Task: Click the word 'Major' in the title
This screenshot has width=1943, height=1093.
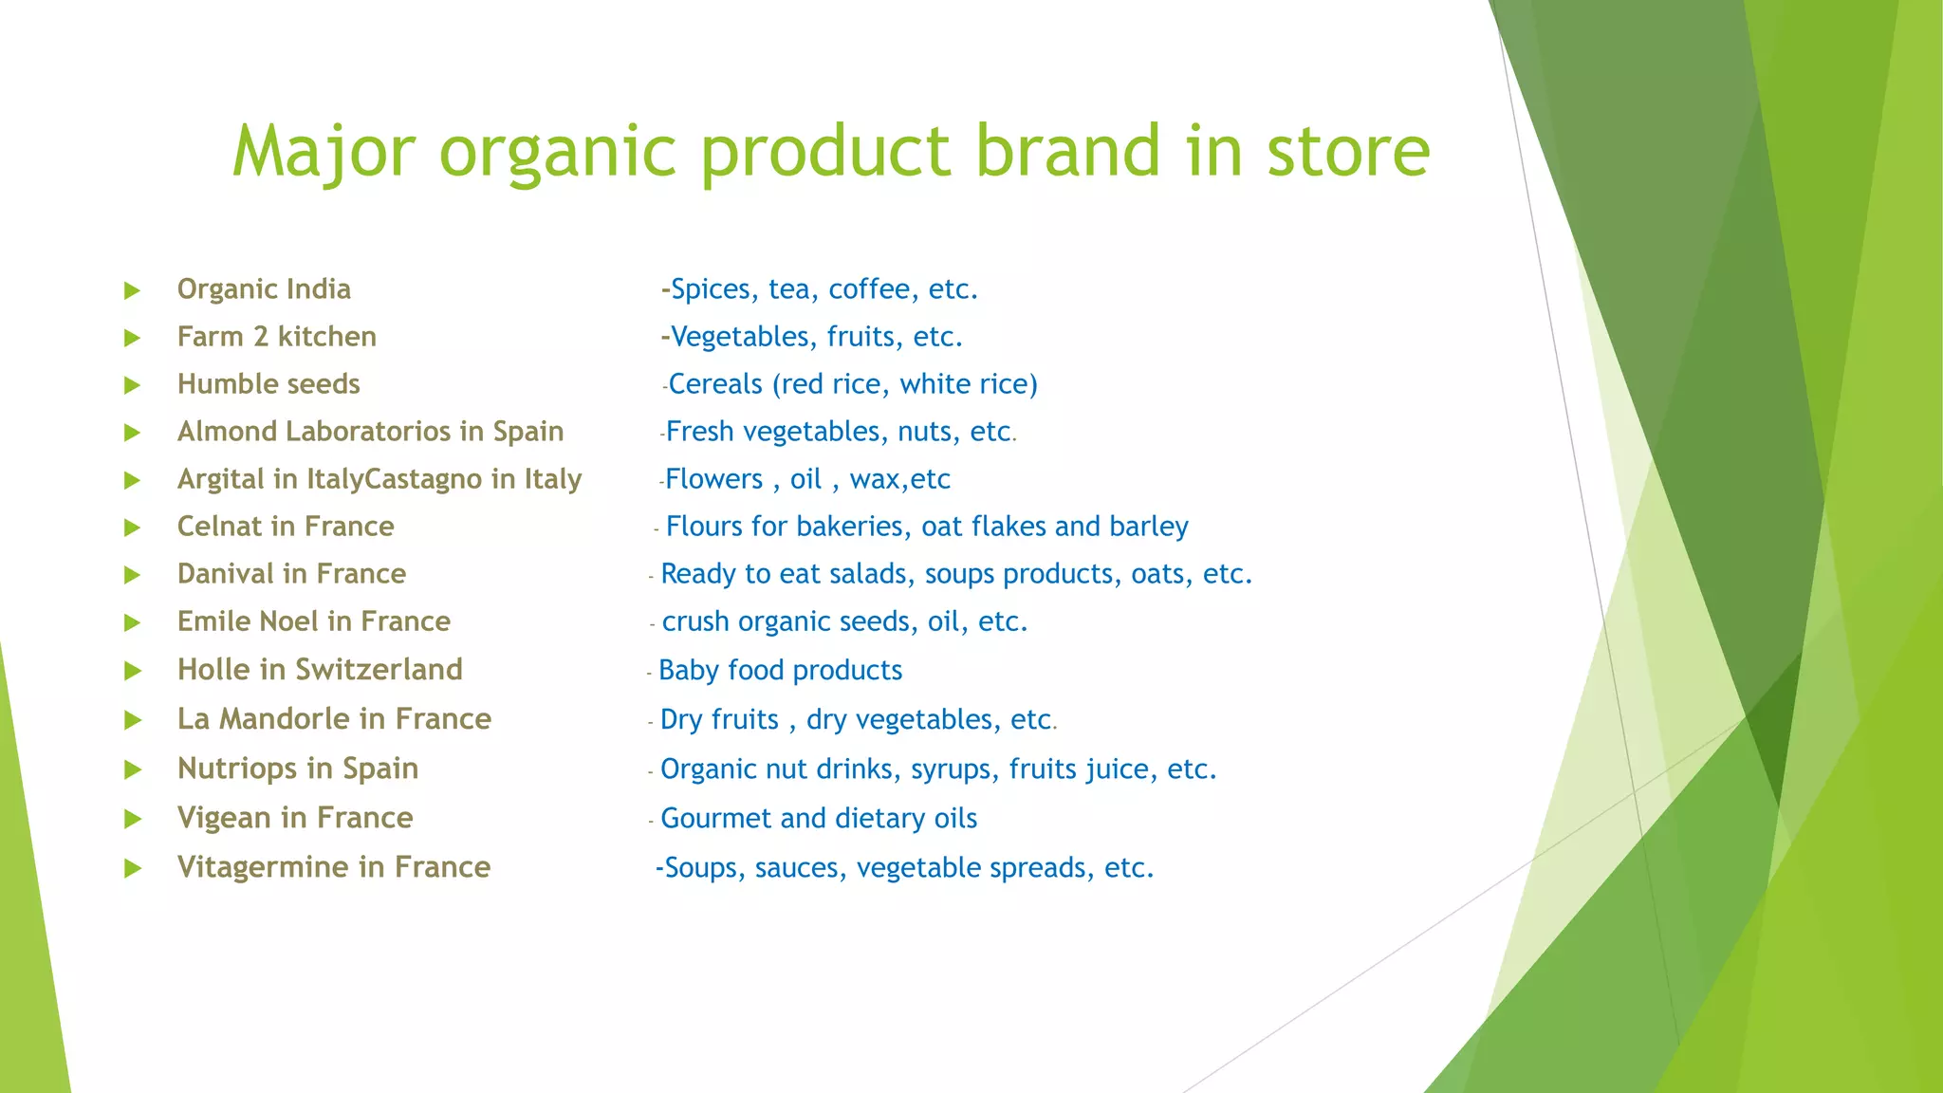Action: click(x=324, y=152)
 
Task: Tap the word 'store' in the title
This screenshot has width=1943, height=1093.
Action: click(x=1348, y=152)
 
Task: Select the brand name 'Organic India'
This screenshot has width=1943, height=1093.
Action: click(x=264, y=289)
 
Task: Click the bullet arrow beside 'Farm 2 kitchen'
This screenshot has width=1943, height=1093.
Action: click(x=133, y=338)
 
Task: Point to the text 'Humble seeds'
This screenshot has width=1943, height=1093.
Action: click(x=268, y=384)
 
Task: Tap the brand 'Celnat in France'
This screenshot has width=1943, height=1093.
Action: click(x=286, y=527)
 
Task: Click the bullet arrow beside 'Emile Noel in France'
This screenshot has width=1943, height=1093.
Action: click(x=133, y=622)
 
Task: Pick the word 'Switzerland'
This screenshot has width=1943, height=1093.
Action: click(x=379, y=670)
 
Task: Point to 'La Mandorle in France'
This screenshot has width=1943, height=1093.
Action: click(x=334, y=719)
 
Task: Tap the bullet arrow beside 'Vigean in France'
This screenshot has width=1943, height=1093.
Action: click(x=133, y=819)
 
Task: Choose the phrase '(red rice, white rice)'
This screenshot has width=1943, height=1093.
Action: click(x=905, y=384)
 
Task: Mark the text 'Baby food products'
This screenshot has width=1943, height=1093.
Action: click(x=780, y=671)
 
